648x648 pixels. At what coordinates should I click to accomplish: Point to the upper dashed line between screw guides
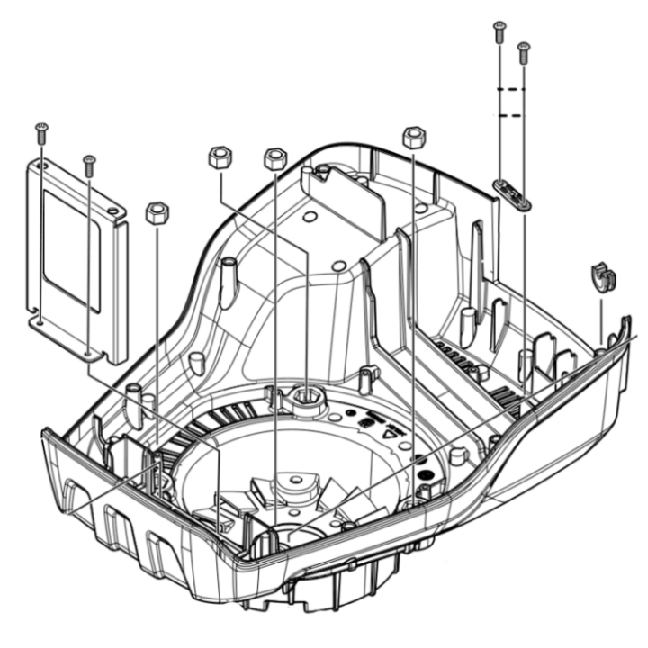[x=511, y=91]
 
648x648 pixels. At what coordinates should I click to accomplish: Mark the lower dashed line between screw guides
[x=511, y=116]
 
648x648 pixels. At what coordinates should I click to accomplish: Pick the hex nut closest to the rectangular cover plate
[x=157, y=213]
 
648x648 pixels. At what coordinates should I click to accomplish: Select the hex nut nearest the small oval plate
[x=413, y=137]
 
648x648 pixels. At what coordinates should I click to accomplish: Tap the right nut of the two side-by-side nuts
[x=274, y=159]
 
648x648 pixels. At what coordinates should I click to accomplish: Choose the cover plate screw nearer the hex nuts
[x=88, y=164]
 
